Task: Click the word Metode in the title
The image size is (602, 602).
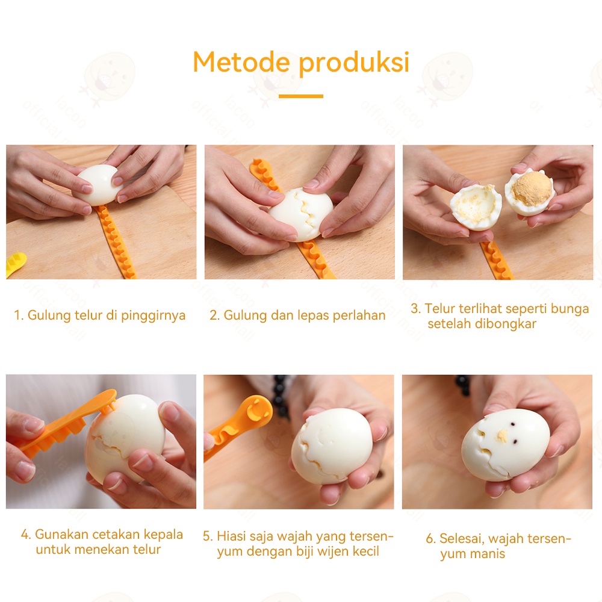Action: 241,62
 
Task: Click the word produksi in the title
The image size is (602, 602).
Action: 354,63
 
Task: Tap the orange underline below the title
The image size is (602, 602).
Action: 300,96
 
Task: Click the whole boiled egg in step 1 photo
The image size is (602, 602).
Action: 98,185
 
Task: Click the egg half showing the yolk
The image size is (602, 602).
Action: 529,191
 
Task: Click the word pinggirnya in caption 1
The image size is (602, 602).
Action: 153,315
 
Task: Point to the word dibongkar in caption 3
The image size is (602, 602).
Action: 506,324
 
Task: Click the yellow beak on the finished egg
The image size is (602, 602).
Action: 502,435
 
